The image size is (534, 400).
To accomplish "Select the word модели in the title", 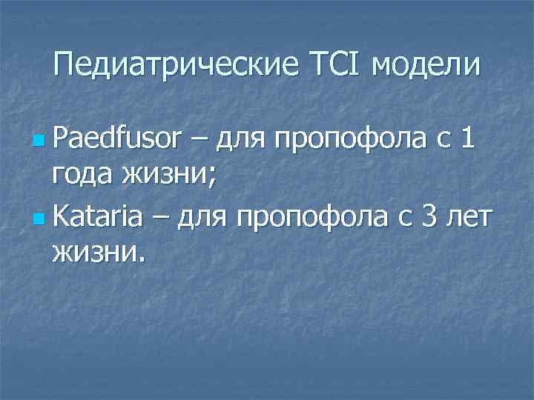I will tap(426, 67).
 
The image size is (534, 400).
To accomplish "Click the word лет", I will tap(471, 217).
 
